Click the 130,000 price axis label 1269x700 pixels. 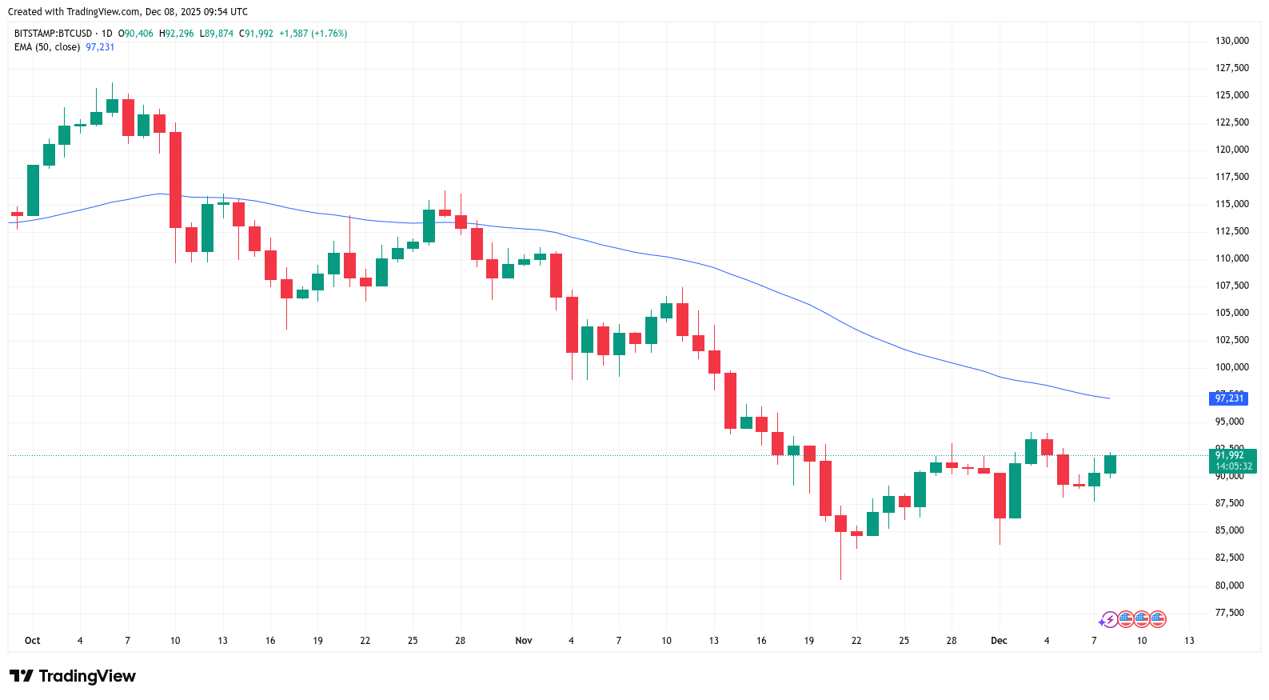coord(1231,41)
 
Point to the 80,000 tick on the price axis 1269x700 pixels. coord(1229,586)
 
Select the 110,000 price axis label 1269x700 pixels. coord(1231,258)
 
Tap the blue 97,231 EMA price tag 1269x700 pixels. coord(1229,398)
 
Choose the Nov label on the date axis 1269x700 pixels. coord(524,641)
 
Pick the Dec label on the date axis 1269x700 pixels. coord(999,641)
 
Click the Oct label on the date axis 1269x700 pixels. coord(33,641)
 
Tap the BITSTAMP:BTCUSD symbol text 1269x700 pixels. coord(53,34)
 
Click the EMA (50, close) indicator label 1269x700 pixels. coord(47,47)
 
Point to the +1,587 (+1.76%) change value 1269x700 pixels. coord(313,34)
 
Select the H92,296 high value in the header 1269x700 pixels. coord(177,34)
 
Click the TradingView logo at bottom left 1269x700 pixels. coord(73,676)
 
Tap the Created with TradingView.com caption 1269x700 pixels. coord(128,12)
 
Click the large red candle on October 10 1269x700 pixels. coord(175,180)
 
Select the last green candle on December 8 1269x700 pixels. coord(1110,465)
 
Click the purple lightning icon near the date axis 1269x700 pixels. coord(1108,619)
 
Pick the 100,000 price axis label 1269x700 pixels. coord(1231,367)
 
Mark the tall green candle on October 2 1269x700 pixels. coord(33,190)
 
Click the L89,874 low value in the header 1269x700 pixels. coord(217,34)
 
